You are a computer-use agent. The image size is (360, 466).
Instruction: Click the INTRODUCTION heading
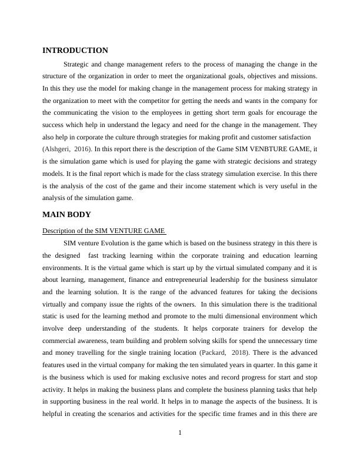tap(75, 51)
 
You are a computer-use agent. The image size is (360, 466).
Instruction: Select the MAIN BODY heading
tap(66, 215)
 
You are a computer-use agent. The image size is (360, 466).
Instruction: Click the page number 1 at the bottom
tap(180, 433)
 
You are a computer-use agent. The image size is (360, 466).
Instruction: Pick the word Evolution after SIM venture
tap(123, 243)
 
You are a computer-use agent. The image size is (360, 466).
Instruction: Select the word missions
tap(305, 76)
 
